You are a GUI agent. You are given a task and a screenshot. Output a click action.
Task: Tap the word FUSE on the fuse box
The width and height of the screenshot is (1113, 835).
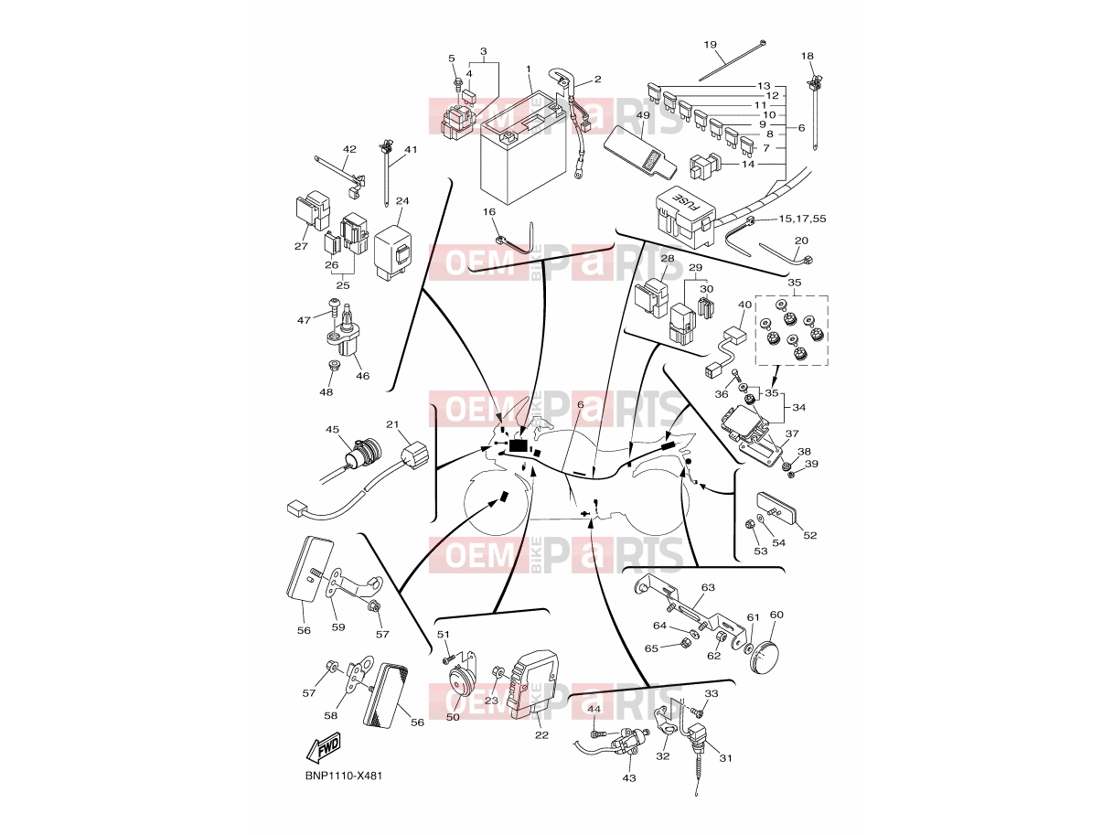(688, 201)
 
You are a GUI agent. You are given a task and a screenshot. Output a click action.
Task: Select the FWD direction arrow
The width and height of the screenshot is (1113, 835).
(323, 748)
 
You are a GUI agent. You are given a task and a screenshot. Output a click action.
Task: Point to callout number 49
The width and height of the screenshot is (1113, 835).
(643, 115)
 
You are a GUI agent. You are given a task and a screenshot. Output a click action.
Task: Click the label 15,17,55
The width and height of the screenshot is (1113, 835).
(802, 219)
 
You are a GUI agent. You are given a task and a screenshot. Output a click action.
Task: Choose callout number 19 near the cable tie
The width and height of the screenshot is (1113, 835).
(710, 45)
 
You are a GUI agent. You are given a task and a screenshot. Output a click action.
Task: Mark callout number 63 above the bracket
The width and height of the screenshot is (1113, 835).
(708, 587)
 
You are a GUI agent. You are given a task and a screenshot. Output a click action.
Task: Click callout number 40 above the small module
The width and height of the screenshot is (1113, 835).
(744, 305)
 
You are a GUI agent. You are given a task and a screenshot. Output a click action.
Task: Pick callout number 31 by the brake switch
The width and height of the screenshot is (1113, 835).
(725, 758)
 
